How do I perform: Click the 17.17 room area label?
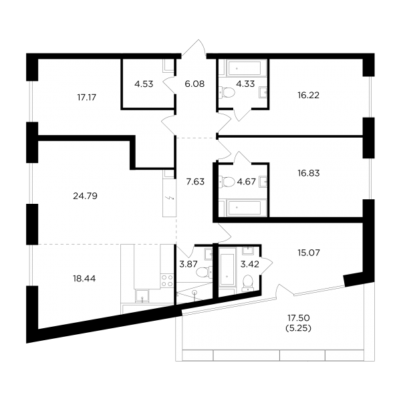(87, 98)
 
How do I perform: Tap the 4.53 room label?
(144, 84)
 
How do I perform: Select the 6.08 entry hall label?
(194, 84)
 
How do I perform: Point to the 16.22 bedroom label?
(308, 95)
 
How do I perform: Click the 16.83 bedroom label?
(309, 173)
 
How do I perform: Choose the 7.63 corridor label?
(195, 182)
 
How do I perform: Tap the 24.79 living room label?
(85, 196)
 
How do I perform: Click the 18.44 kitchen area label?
(84, 279)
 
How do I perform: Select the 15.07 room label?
(309, 253)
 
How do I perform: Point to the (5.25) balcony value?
(299, 328)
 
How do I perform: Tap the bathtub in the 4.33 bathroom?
(243, 68)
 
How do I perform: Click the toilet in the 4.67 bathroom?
(227, 182)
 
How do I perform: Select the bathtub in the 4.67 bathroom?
(244, 207)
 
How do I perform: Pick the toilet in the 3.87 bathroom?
(205, 272)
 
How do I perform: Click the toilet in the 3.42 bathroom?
(247, 283)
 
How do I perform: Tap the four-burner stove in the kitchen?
(166, 281)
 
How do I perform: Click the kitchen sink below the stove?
(142, 296)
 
